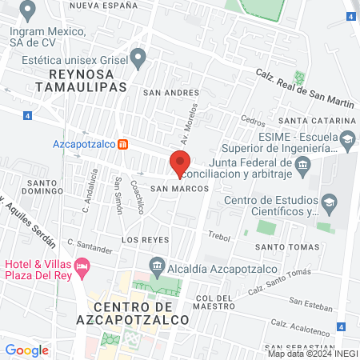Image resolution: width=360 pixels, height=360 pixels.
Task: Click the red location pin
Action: [180, 162]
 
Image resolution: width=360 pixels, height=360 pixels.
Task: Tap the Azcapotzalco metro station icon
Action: [123, 145]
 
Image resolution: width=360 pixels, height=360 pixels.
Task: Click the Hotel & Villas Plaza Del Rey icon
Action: [81, 265]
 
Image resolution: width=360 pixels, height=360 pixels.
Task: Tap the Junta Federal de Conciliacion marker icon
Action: [302, 166]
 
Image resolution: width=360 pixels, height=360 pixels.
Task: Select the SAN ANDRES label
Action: [170, 92]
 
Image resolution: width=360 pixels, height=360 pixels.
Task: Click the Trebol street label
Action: [218, 236]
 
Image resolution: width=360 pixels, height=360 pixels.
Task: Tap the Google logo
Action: [26, 350]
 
